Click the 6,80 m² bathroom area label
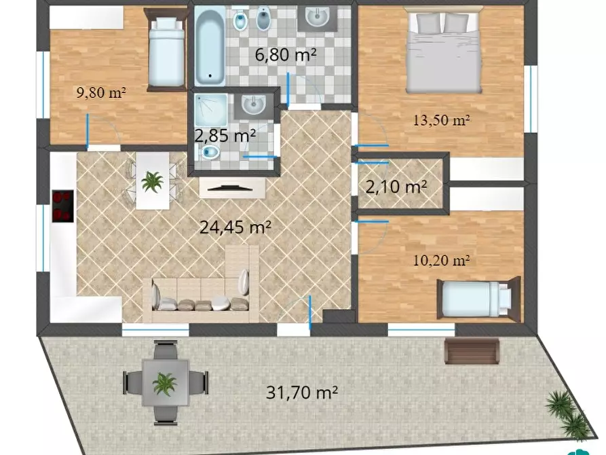(286, 54)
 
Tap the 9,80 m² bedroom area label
(101, 92)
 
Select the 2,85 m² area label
(225, 136)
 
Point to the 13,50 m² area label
(441, 120)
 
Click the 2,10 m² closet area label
(396, 187)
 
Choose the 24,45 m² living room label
(235, 227)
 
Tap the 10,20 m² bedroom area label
(441, 260)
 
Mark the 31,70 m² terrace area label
(302, 393)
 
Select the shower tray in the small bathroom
(211, 110)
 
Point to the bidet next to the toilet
(263, 18)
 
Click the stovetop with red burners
(63, 206)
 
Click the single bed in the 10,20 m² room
(478, 298)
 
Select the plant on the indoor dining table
(152, 181)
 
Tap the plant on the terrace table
(165, 384)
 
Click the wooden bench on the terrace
(472, 351)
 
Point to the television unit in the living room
(232, 188)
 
